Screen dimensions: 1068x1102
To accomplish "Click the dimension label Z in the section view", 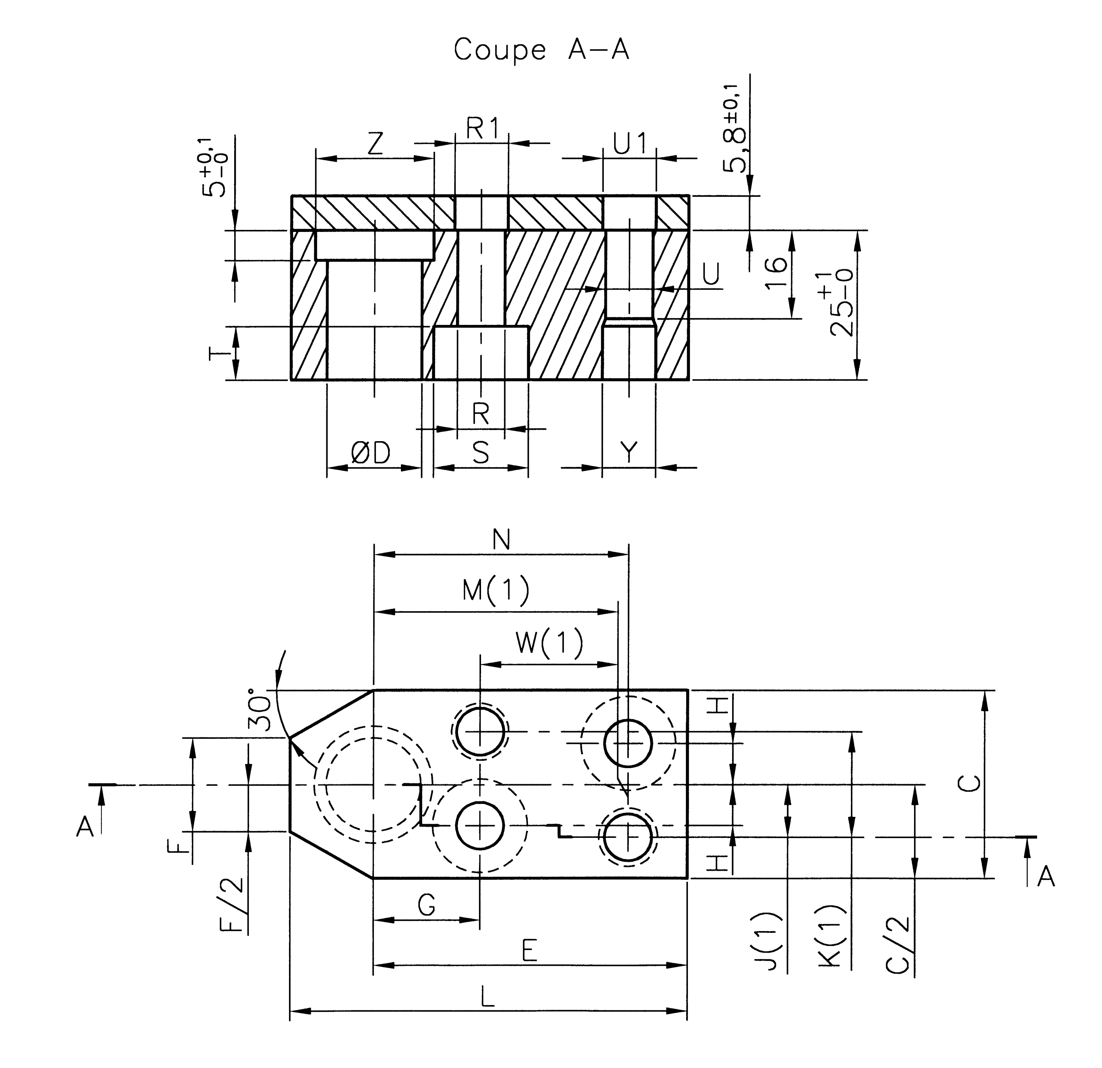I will (376, 144).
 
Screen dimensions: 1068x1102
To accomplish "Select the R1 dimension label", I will (482, 129).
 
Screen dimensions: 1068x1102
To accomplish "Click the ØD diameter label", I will (370, 453).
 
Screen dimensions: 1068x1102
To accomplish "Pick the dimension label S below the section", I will (481, 453).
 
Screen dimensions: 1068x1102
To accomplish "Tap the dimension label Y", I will (629, 453).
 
